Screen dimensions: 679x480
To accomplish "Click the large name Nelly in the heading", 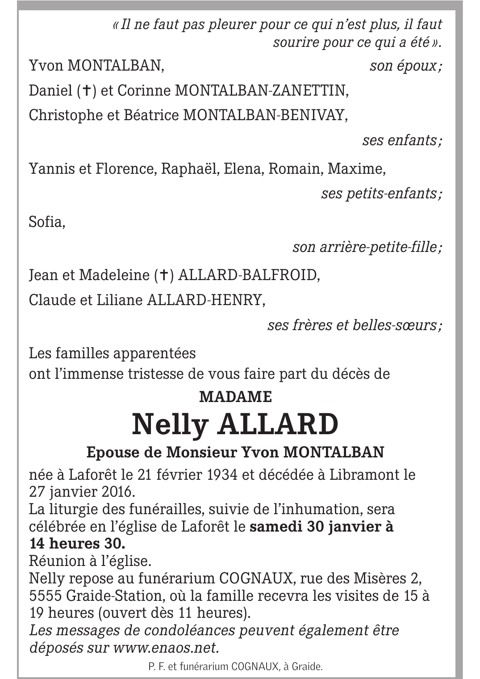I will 170,425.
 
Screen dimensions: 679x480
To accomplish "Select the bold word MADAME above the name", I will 235,397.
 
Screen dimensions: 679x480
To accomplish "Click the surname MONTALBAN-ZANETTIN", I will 261,91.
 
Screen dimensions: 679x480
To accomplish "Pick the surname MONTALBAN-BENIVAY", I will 265,115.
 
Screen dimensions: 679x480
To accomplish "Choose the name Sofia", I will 47,222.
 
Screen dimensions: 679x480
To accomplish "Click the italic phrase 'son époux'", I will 405,67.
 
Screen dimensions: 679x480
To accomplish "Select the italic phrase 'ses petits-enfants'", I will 382,194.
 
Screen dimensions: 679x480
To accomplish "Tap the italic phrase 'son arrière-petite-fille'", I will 367,247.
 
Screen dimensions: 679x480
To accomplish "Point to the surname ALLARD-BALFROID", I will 249,275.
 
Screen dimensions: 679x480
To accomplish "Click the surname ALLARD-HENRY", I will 206,300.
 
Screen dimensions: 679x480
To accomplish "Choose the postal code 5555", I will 45,596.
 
